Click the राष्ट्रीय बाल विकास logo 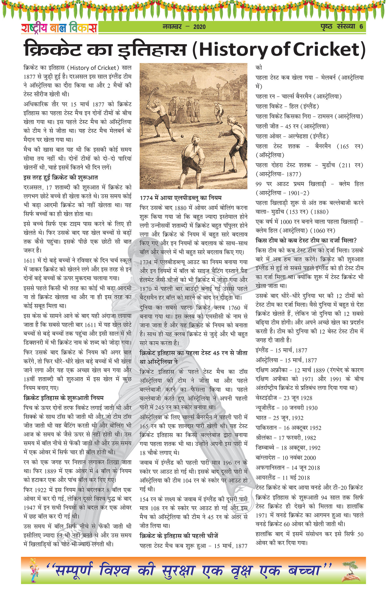[59, 28]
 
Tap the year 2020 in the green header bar [199, 27]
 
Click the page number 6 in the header [361, 26]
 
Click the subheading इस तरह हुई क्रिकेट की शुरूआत [61, 178]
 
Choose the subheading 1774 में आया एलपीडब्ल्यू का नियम [181, 198]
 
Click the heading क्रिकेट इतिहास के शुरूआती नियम [63, 398]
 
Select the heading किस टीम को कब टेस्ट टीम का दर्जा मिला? [306, 240]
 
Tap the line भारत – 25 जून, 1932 [280, 418]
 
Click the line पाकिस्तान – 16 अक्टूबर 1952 [288, 428]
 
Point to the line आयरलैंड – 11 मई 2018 [283, 478]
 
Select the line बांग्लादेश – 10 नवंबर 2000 [286, 458]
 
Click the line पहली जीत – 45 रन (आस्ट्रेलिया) [292, 126]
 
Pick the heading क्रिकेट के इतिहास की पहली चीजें [179, 536]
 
